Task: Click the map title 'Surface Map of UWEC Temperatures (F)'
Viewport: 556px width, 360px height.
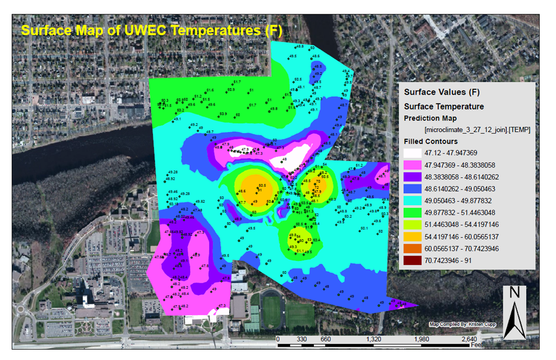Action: pos(152,30)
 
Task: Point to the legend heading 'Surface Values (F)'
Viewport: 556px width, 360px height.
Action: pos(441,93)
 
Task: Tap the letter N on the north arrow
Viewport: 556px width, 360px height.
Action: pos(515,293)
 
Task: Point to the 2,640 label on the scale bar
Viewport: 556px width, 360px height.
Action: pos(469,338)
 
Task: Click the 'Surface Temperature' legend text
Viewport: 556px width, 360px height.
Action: pos(443,107)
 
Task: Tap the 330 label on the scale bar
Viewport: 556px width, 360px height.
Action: pos(302,338)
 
